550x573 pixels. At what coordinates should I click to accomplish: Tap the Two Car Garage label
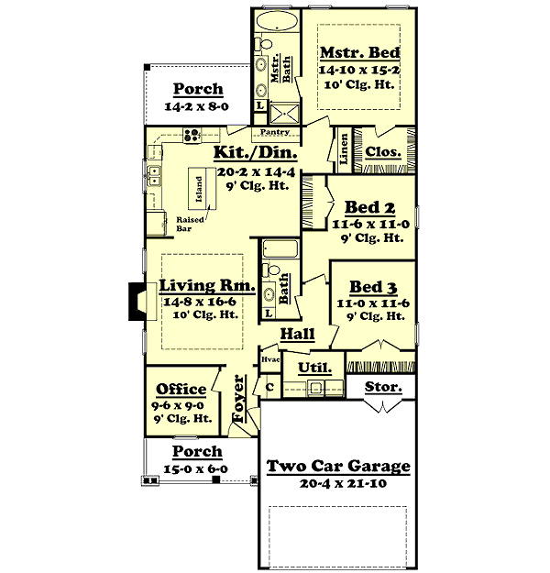(338, 467)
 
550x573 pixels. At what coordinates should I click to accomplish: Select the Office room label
(181, 389)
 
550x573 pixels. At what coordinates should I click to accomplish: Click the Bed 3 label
(372, 286)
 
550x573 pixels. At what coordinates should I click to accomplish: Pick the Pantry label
(275, 133)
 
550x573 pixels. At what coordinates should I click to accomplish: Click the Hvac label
(269, 360)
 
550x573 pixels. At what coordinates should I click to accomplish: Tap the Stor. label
(383, 387)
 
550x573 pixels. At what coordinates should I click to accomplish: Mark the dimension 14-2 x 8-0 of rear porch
(197, 106)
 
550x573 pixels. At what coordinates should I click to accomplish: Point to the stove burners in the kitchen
(192, 135)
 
